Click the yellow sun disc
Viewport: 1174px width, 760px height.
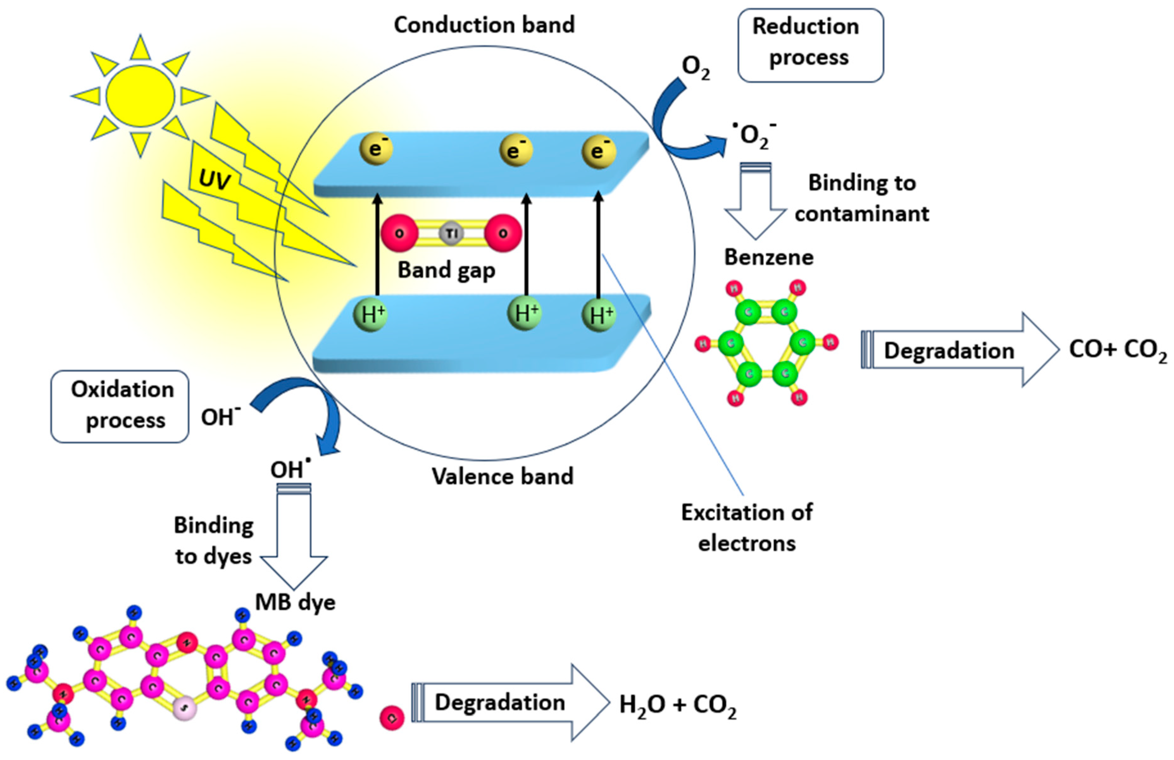tap(140, 95)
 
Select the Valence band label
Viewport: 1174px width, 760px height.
tap(502, 476)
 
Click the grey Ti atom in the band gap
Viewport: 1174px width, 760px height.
tap(451, 233)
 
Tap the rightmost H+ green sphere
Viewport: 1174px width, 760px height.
tap(599, 315)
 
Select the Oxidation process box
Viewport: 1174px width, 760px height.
tap(120, 406)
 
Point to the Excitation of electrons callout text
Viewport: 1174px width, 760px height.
tap(746, 528)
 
